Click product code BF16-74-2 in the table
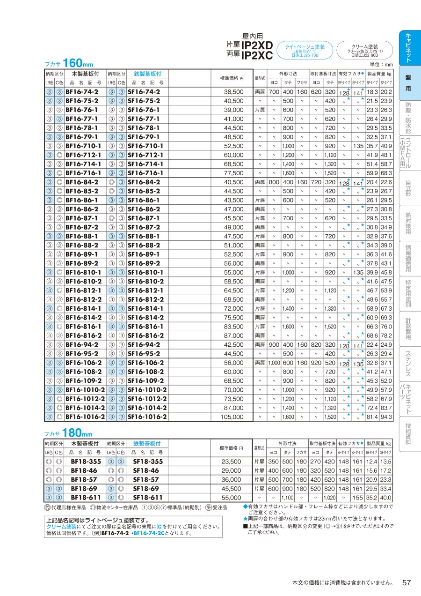(x=82, y=92)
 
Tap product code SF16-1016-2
(x=147, y=417)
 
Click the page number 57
(x=406, y=582)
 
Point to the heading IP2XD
(x=257, y=45)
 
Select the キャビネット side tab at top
(x=408, y=48)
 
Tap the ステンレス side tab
(x=408, y=364)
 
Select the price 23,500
(x=232, y=462)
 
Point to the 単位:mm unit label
(x=381, y=65)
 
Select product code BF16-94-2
(x=82, y=344)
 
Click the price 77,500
(x=233, y=173)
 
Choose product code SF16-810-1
(x=145, y=272)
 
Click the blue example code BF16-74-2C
(x=150, y=533)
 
